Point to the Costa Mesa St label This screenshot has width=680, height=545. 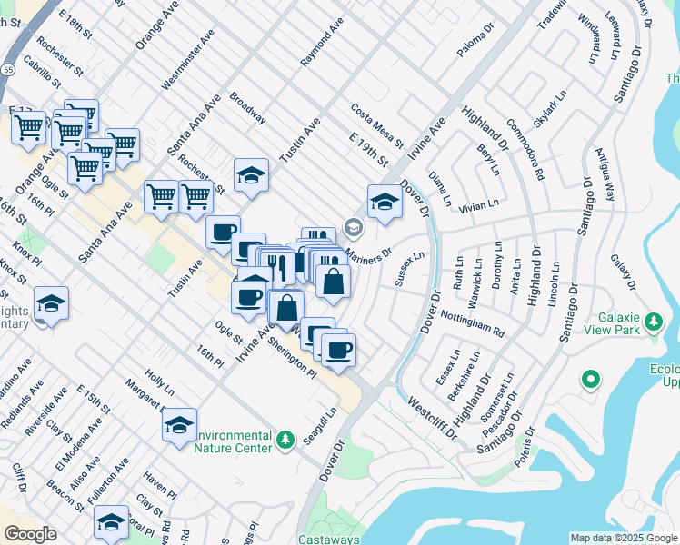[375, 125]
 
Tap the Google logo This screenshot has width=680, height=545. [30, 534]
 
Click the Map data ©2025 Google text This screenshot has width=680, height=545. [623, 538]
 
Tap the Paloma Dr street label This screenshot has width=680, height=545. [475, 41]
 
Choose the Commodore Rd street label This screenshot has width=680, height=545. [525, 149]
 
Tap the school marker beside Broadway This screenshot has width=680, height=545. [252, 176]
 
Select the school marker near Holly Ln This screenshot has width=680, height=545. [180, 425]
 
